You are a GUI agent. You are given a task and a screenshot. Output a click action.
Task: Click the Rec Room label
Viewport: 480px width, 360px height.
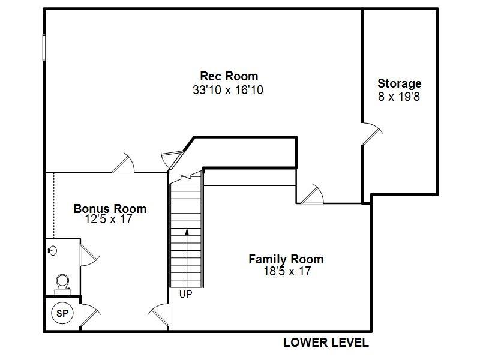[229, 76]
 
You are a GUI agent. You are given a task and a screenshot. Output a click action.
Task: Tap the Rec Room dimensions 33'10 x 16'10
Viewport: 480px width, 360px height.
[229, 91]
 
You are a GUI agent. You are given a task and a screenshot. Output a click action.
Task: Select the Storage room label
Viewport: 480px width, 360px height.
[399, 83]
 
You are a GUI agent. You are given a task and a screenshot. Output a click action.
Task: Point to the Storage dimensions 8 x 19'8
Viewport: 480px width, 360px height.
[399, 96]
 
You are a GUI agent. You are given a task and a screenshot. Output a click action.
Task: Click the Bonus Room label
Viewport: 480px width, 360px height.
[110, 209]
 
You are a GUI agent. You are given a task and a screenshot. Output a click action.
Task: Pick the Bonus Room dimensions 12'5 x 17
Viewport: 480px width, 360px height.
[110, 220]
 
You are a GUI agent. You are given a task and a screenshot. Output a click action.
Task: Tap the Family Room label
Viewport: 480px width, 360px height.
[286, 259]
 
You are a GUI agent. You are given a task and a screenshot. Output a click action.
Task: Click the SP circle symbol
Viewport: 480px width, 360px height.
[62, 313]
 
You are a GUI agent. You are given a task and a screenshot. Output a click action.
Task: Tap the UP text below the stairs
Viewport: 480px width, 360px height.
[186, 295]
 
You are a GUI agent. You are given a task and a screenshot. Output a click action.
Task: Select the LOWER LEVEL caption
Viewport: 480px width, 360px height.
[326, 343]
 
